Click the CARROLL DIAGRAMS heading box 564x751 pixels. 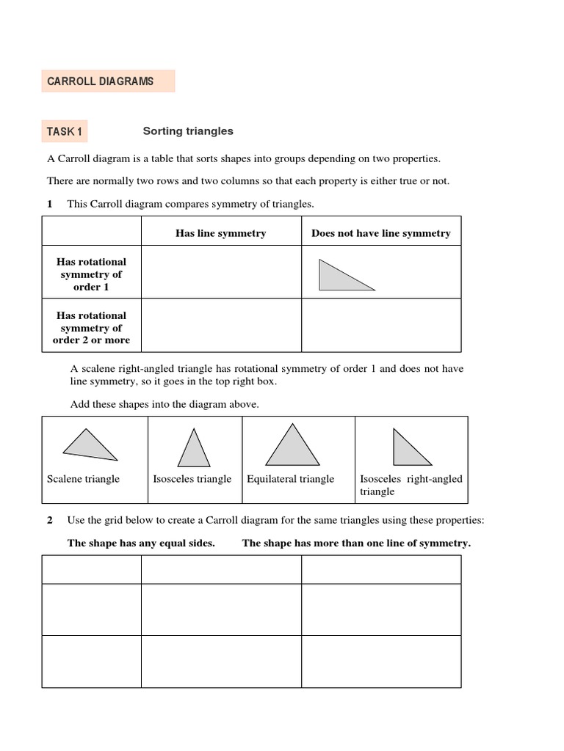[x=108, y=81]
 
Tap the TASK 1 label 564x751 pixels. [x=65, y=132]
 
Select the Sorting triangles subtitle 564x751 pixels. [x=188, y=131]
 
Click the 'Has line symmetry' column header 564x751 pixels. [x=220, y=233]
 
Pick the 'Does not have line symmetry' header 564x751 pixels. [x=381, y=233]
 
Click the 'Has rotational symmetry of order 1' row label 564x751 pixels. [x=92, y=274]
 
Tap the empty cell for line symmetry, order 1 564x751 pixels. [x=220, y=273]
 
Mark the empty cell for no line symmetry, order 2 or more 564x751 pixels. [x=381, y=326]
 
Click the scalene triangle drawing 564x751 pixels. [x=90, y=444]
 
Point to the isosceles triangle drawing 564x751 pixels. [x=194, y=447]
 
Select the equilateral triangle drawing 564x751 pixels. [x=293, y=445]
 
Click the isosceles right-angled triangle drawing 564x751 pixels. [x=409, y=447]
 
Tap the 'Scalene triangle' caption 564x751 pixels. [x=83, y=479]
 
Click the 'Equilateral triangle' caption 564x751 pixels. [x=291, y=479]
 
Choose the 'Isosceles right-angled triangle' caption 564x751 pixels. [x=411, y=485]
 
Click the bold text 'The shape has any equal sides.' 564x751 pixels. [x=141, y=543]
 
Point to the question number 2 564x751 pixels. [x=50, y=521]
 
